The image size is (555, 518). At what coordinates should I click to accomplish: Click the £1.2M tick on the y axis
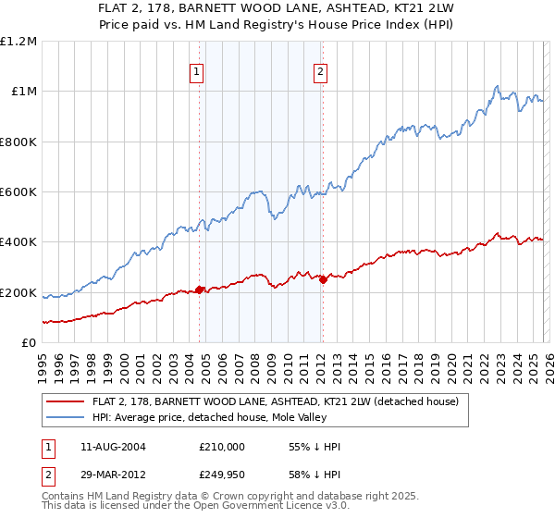(x=19, y=42)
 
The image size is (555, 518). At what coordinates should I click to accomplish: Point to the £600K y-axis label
(x=18, y=192)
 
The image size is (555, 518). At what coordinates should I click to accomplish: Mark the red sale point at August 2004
(x=199, y=290)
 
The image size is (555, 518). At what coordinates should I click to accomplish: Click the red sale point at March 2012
(x=323, y=280)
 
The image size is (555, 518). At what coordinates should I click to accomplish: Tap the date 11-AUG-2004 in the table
(x=111, y=447)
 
